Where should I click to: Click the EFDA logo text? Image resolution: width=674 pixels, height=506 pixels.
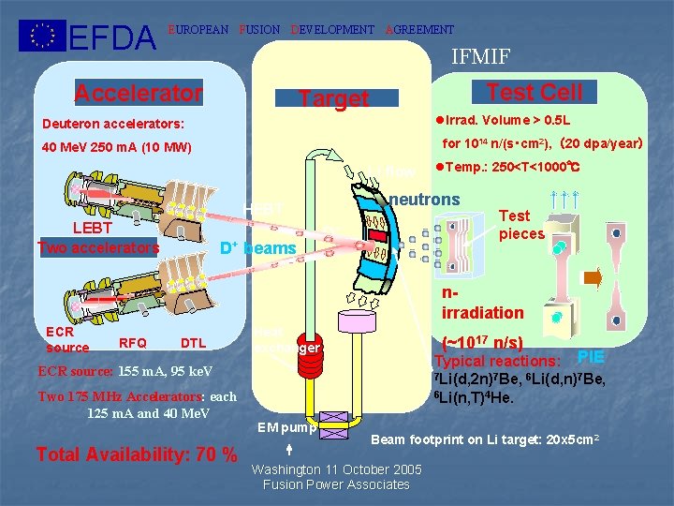point(113,37)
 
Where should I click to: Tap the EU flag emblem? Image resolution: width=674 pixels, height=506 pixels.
point(42,36)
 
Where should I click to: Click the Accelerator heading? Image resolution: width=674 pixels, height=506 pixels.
point(138,93)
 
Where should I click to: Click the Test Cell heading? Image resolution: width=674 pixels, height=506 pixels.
point(535,92)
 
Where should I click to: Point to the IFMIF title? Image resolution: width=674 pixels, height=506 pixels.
point(480,57)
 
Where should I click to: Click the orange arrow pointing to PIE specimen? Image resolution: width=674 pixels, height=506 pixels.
point(593,277)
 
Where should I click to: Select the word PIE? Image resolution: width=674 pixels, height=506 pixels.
point(591,356)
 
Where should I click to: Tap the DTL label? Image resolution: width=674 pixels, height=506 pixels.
point(193,344)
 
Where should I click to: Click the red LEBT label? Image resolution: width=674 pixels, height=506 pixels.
point(93,229)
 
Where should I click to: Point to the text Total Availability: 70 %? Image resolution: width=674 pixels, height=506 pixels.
point(136,454)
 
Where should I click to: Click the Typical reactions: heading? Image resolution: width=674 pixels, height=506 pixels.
point(497,362)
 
